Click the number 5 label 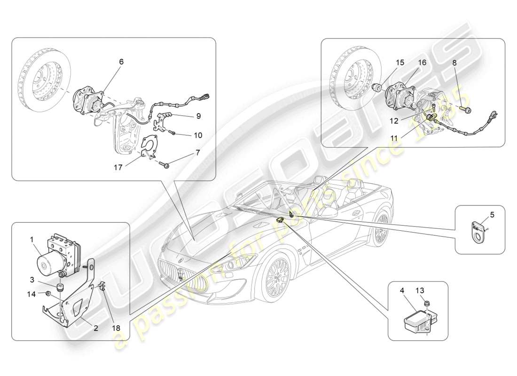492,215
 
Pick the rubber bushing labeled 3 60,287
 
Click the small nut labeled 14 48,294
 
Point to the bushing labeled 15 376,88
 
